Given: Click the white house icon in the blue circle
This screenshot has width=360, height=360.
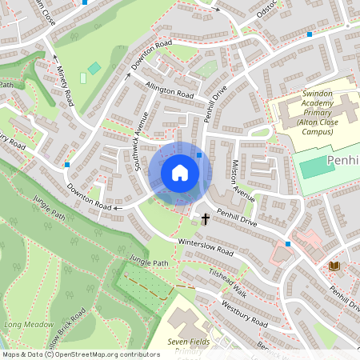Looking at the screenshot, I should click(x=180, y=172).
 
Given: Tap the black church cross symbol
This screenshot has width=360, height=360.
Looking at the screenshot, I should click(x=205, y=218).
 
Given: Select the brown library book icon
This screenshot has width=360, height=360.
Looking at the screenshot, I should click(x=333, y=265).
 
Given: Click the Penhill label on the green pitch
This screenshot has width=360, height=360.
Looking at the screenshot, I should click(x=342, y=163).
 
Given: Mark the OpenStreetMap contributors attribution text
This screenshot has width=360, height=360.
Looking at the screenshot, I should click(x=80, y=354).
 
